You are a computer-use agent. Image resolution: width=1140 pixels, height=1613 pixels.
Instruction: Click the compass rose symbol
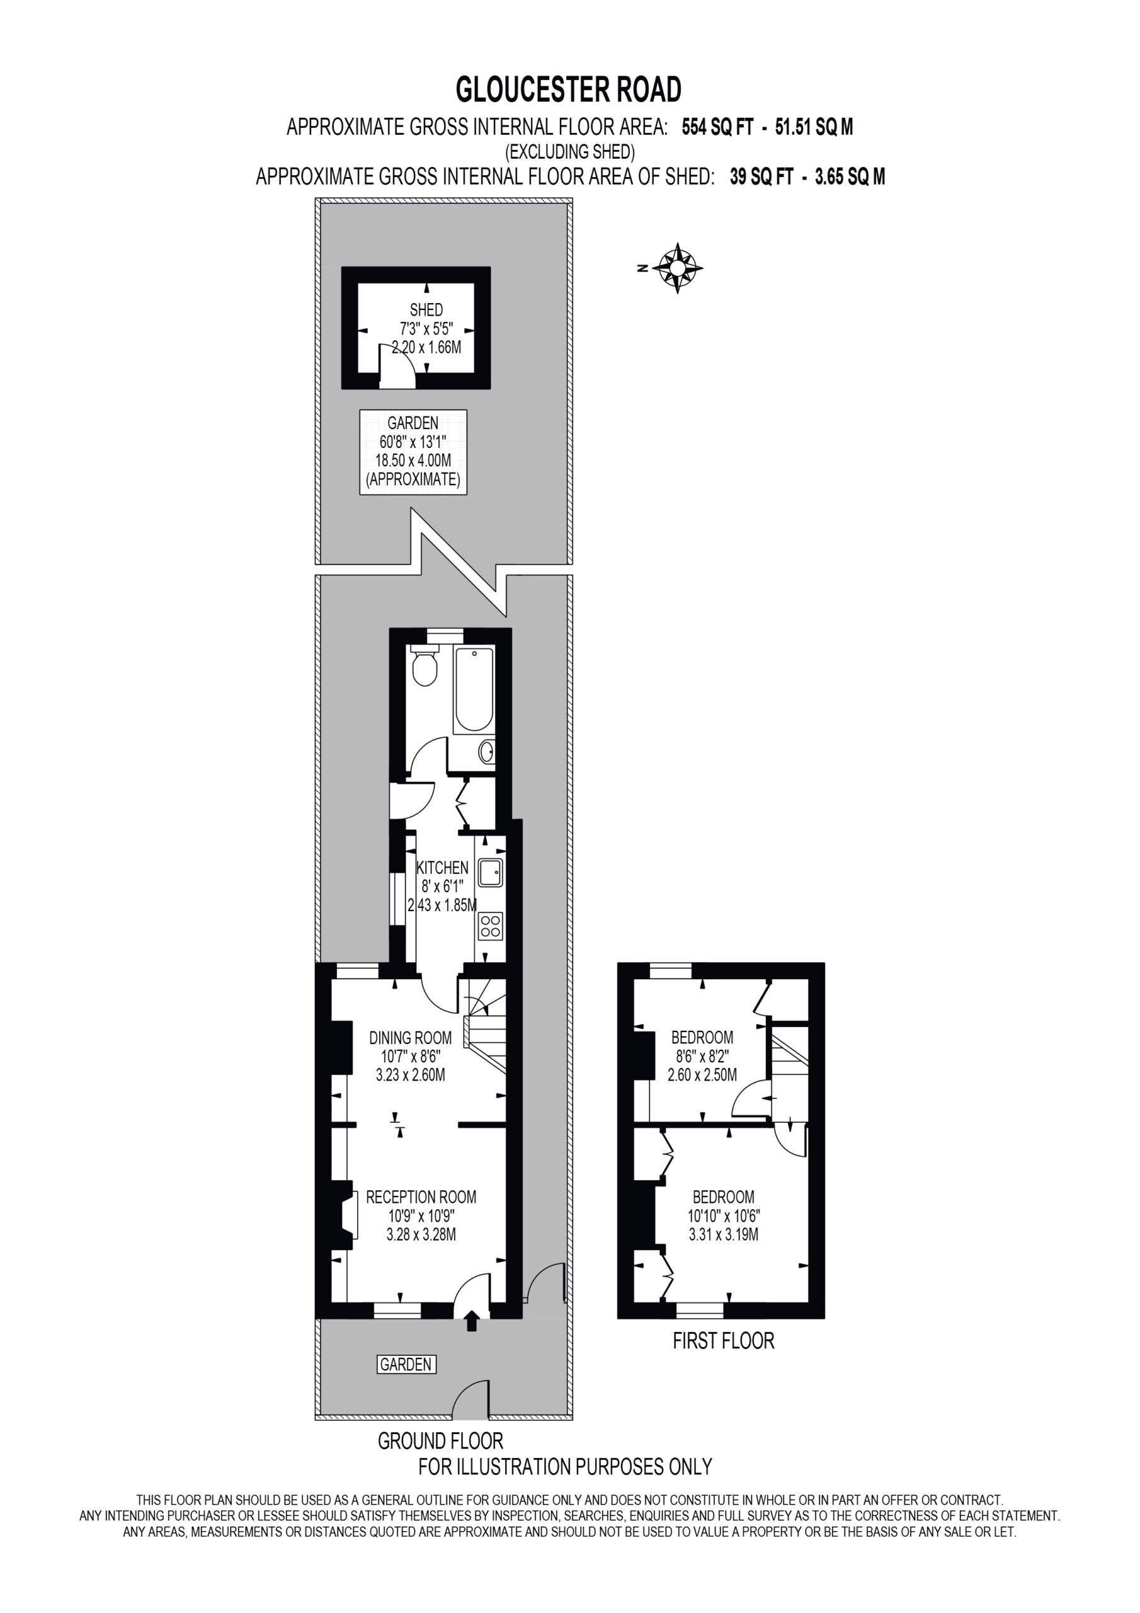point(677,268)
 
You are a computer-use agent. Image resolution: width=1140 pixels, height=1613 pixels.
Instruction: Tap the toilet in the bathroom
point(425,664)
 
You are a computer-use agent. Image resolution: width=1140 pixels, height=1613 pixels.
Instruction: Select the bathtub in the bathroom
point(474,690)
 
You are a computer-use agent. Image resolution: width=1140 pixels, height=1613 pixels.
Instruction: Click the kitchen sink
point(490,873)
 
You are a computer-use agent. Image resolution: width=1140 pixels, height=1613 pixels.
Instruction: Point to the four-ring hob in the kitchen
point(490,927)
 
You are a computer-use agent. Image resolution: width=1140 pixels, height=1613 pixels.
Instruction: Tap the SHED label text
point(426,310)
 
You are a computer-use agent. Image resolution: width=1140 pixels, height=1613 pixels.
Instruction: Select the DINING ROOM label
point(410,1038)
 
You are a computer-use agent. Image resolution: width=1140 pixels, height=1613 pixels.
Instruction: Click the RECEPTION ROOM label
point(421,1197)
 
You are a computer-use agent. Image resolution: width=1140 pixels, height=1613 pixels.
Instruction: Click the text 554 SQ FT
point(717,127)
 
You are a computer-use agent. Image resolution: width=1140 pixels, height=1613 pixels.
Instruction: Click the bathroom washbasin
point(487,752)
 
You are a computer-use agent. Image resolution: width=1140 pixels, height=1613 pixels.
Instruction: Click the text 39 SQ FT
point(762,176)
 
